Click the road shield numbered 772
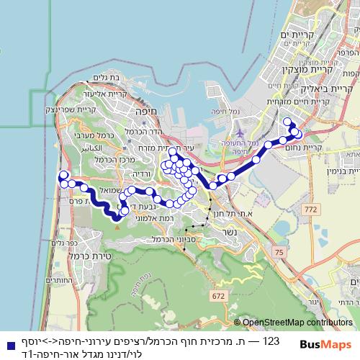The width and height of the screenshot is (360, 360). click(x=310, y=209)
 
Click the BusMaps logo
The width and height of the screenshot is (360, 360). click(x=325, y=345)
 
